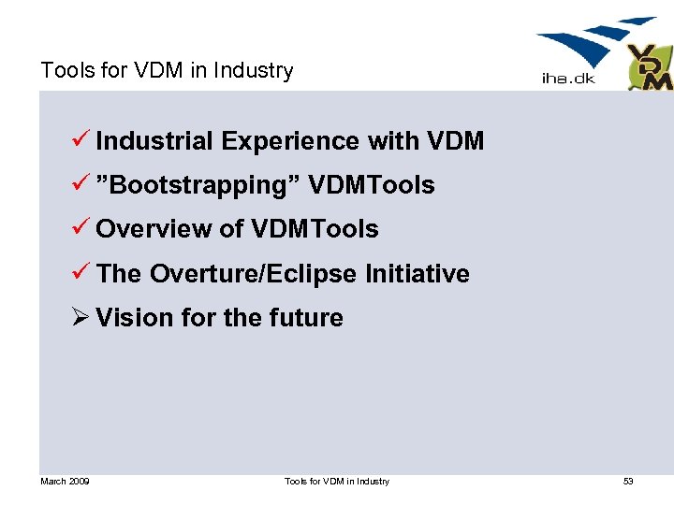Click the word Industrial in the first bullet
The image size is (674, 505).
coord(154,141)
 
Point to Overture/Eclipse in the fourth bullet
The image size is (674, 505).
coord(253,273)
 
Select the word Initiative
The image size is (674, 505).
coord(417,273)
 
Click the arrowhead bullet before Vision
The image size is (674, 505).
coord(81,318)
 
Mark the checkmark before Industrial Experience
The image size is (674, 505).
coord(81,140)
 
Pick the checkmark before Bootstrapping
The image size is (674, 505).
coord(81,184)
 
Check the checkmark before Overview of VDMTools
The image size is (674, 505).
coord(81,228)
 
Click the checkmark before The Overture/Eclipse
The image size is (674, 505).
coord(81,272)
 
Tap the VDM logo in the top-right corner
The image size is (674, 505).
coord(650,67)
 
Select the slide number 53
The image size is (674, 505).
coord(628,482)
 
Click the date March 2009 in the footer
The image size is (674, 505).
coord(65,482)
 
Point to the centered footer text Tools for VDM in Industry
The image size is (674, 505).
coord(337,482)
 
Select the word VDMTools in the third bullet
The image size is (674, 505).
coord(314,229)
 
